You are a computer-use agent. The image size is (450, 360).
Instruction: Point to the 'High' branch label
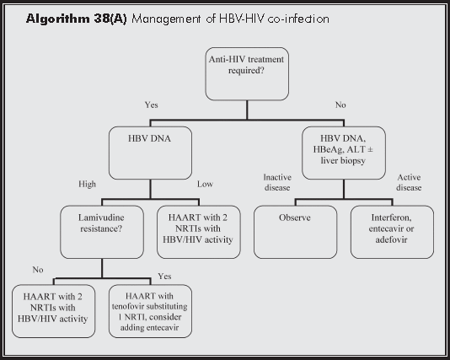(x=86, y=184)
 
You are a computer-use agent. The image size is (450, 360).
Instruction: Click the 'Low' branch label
(x=206, y=184)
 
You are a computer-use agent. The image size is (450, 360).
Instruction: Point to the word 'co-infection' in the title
(x=298, y=18)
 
